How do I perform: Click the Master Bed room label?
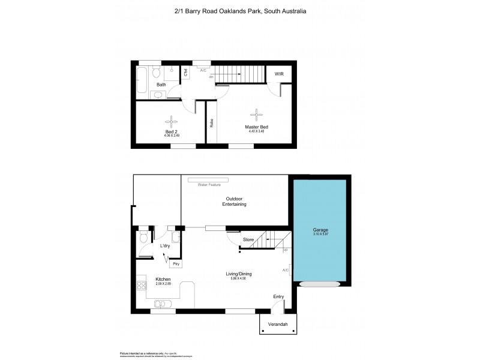click(256, 127)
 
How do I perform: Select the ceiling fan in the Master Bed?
click(256, 113)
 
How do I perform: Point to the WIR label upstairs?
click(279, 74)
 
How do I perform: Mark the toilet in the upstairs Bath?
click(156, 73)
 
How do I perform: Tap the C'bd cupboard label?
click(186, 73)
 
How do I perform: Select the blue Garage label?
click(320, 230)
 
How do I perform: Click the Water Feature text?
click(208, 185)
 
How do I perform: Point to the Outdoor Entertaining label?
click(236, 202)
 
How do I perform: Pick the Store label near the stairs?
click(248, 240)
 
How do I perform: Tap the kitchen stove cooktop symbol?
click(142, 286)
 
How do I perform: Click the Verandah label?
click(278, 325)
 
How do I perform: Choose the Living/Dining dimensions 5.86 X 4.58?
click(238, 278)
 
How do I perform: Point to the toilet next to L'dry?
click(142, 237)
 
